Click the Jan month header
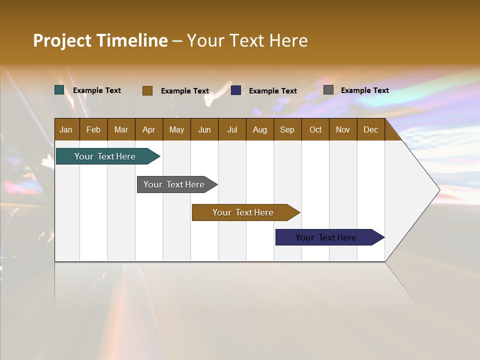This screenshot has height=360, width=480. click(66, 129)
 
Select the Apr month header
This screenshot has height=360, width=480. click(148, 129)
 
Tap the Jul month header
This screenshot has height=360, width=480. click(232, 129)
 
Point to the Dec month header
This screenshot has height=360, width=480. click(370, 129)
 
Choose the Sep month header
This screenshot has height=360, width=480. click(287, 129)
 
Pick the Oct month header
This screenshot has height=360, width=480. click(315, 129)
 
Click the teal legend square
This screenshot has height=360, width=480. click(59, 90)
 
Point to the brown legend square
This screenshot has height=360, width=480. click(147, 90)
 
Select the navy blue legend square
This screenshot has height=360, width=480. click(236, 90)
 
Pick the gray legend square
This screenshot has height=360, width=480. click(328, 90)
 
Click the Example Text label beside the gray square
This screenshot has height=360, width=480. click(364, 90)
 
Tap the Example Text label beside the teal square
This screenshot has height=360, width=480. click(97, 90)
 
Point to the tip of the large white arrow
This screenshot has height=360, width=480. click(438, 190)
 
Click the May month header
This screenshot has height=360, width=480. click(176, 129)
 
